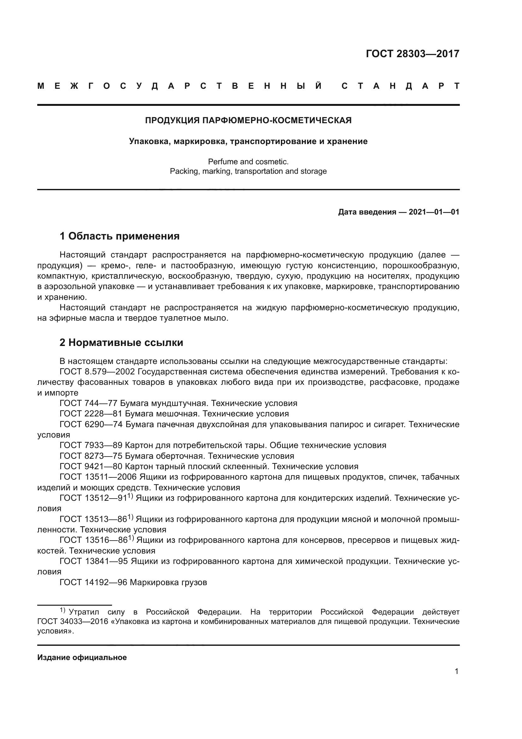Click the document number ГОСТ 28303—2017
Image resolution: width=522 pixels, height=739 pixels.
(x=412, y=53)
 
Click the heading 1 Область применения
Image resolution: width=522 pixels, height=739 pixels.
(x=119, y=236)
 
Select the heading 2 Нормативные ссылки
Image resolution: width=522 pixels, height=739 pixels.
(x=121, y=343)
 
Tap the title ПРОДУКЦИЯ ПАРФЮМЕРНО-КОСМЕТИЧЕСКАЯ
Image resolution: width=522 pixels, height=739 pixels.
(x=248, y=120)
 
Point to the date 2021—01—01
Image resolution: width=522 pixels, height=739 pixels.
(x=434, y=212)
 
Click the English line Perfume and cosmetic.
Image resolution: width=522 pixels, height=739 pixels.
(x=248, y=161)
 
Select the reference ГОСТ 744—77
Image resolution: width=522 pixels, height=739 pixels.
(x=89, y=403)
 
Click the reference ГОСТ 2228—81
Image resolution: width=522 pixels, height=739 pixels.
(x=91, y=414)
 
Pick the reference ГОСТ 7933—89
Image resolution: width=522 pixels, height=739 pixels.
(x=91, y=445)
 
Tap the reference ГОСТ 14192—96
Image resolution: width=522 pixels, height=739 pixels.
(x=93, y=582)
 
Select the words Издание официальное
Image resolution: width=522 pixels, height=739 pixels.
(x=82, y=657)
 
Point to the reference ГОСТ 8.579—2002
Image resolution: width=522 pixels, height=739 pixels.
(x=98, y=372)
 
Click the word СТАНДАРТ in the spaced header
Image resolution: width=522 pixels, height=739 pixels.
(x=400, y=86)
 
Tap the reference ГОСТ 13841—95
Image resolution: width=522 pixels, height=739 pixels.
(x=94, y=561)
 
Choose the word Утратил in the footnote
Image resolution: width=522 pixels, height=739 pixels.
(x=84, y=612)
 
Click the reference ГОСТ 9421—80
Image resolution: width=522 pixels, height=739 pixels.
(x=91, y=466)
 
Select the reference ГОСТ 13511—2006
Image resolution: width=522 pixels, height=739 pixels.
(x=98, y=477)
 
